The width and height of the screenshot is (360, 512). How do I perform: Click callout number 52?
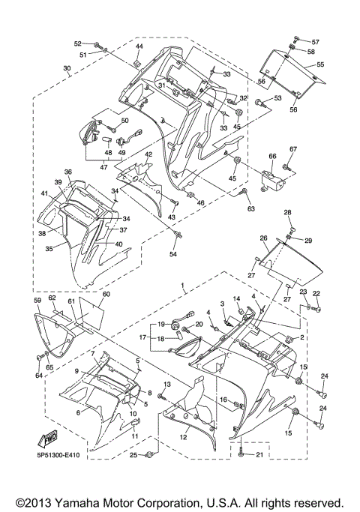pyautogui.click(x=77, y=43)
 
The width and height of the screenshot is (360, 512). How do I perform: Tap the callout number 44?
pyautogui.click(x=139, y=46)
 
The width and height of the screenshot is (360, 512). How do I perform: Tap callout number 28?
pyautogui.click(x=286, y=213)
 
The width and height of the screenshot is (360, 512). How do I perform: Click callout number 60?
pyautogui.click(x=106, y=295)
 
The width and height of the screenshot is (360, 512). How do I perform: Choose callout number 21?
pyautogui.click(x=259, y=455)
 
